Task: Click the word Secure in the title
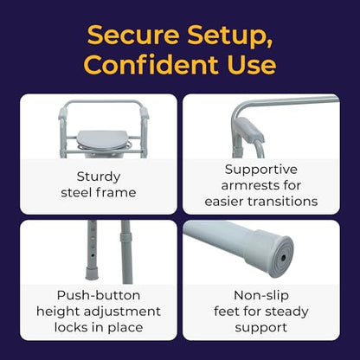point(133,35)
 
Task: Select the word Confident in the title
point(151,64)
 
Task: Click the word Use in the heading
point(252,64)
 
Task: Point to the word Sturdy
point(99,177)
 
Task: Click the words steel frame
point(99,192)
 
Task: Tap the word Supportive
point(261,170)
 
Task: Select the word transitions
point(286,201)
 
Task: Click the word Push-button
point(99,295)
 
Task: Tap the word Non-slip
point(261,295)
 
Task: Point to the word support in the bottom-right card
point(261,328)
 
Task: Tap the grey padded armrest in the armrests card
point(250,129)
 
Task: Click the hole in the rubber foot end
point(283,258)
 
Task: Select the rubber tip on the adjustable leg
point(92,273)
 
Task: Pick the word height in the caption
point(58,312)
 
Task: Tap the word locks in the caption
point(70,327)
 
